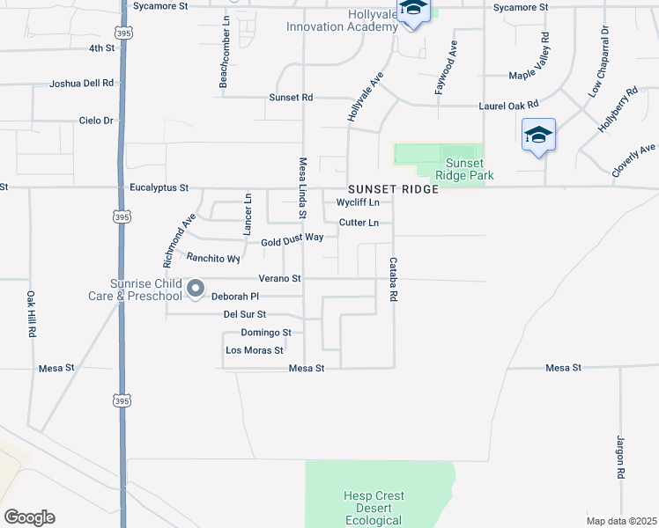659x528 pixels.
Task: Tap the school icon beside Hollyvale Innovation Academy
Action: (412, 11)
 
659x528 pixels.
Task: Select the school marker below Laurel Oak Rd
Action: (538, 136)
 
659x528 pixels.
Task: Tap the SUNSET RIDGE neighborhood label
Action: (393, 189)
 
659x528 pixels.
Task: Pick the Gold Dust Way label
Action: (292, 239)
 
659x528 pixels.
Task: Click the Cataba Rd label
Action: (394, 281)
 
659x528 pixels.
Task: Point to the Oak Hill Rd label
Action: (31, 316)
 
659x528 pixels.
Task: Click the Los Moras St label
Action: (255, 349)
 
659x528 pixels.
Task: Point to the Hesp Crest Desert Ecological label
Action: (374, 508)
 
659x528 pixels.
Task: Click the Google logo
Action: (29, 517)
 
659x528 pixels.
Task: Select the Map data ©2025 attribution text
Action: (621, 521)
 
